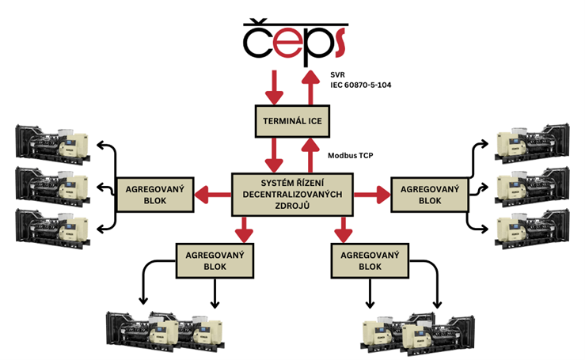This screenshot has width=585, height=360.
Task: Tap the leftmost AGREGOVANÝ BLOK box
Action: click(155, 195)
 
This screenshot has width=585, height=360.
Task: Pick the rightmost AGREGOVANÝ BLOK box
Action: click(430, 195)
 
